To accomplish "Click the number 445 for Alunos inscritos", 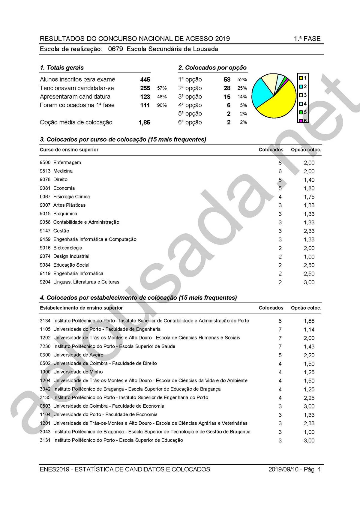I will (x=145, y=79).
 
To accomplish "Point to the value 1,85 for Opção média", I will (x=144, y=122).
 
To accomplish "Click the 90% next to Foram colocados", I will (x=162, y=105).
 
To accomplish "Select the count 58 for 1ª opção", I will (x=227, y=79).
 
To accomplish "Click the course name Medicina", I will (x=63, y=171).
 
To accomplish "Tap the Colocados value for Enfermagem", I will (x=280, y=163).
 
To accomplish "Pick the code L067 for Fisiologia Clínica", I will (x=45, y=197).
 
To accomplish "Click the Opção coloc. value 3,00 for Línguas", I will (x=309, y=282).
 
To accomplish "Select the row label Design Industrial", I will (x=71, y=256).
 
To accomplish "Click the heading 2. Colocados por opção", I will (x=212, y=67).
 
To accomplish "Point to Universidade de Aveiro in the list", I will (x=78, y=355).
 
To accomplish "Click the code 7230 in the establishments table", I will (x=45, y=346).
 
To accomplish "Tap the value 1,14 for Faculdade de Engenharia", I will (x=309, y=329).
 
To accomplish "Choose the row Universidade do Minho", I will (x=78, y=372).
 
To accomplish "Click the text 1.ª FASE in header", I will (x=307, y=39).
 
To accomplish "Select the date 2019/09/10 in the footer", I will (x=283, y=469).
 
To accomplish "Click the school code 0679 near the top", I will (x=115, y=49).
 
